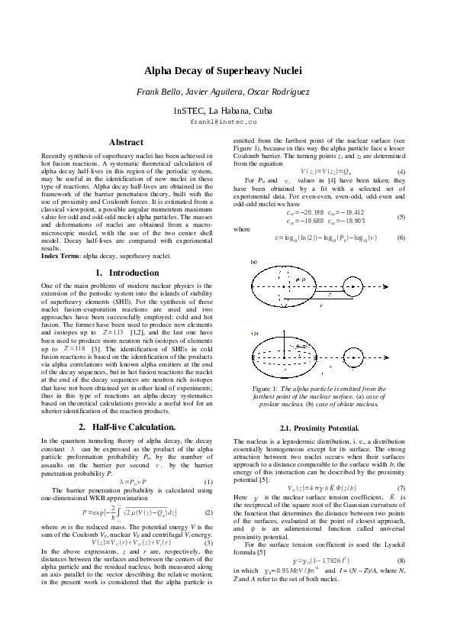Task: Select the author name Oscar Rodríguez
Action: click(277, 92)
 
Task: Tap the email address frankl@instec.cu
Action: click(224, 121)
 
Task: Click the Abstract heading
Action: click(126, 142)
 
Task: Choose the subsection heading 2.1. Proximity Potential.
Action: click(319, 428)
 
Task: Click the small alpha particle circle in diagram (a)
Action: click(353, 288)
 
